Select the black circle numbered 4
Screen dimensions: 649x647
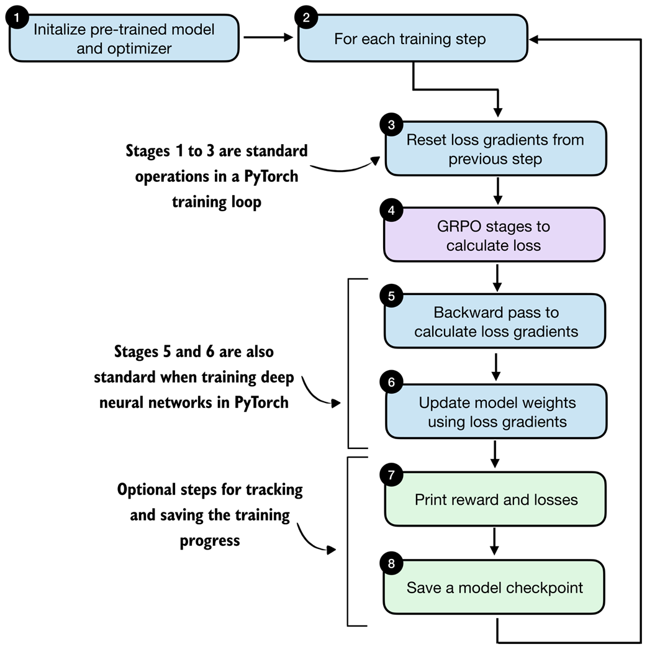(391, 211)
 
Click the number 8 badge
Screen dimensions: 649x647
(391, 564)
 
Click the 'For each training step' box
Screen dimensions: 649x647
(413, 39)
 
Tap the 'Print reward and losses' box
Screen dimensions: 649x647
(495, 499)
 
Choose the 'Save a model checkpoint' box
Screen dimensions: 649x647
(495, 588)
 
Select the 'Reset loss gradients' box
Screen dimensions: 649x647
(495, 149)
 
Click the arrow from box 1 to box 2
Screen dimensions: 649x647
(268, 38)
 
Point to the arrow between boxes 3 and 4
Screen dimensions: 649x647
(496, 191)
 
